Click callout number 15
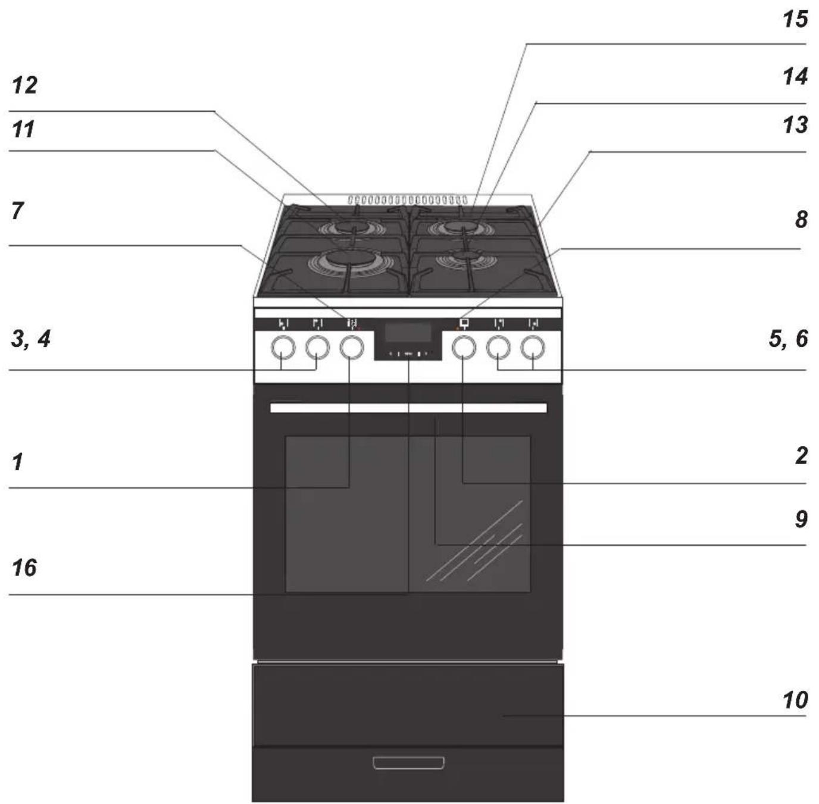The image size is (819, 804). click(795, 20)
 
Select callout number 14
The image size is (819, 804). click(795, 77)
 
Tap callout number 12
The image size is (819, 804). click(24, 85)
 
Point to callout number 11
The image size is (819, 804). click(23, 129)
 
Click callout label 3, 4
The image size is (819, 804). click(30, 339)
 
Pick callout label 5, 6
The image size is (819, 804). click(789, 339)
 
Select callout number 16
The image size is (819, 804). click(24, 567)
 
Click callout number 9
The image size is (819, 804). click(801, 519)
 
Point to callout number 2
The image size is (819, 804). click(801, 456)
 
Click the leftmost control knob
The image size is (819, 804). click(283, 348)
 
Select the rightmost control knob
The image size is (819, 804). click(533, 348)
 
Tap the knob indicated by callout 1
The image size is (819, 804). click(352, 348)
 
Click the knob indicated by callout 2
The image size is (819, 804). click(464, 348)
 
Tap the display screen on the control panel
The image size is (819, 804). click(408, 331)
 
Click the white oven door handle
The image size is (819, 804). click(408, 408)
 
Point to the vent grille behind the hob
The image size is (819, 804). click(407, 200)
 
